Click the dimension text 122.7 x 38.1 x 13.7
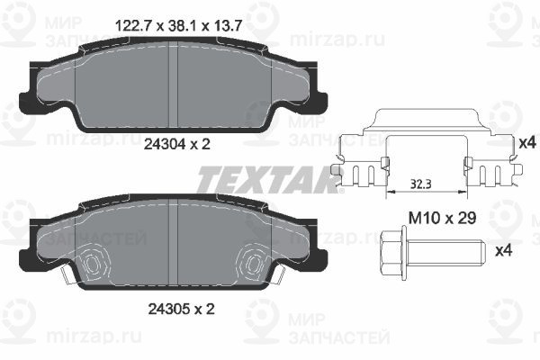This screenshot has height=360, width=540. point(179,26)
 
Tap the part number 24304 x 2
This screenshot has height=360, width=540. point(176,144)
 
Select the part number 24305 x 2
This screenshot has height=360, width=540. point(181,309)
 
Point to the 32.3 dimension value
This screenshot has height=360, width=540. point(421,184)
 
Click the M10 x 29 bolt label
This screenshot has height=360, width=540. point(442,218)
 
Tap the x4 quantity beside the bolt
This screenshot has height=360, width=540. point(503,251)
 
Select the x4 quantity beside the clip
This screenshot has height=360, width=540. point(527,142)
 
